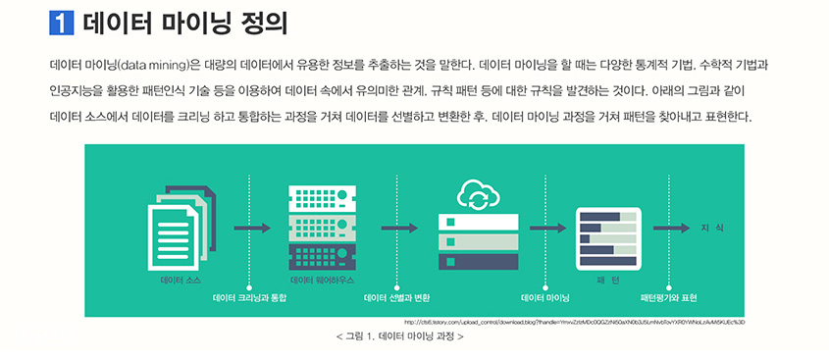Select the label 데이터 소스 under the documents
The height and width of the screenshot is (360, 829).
[x=181, y=281]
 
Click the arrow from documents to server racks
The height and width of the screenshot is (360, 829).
[x=252, y=229]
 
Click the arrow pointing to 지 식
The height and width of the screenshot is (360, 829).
[x=672, y=229]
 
